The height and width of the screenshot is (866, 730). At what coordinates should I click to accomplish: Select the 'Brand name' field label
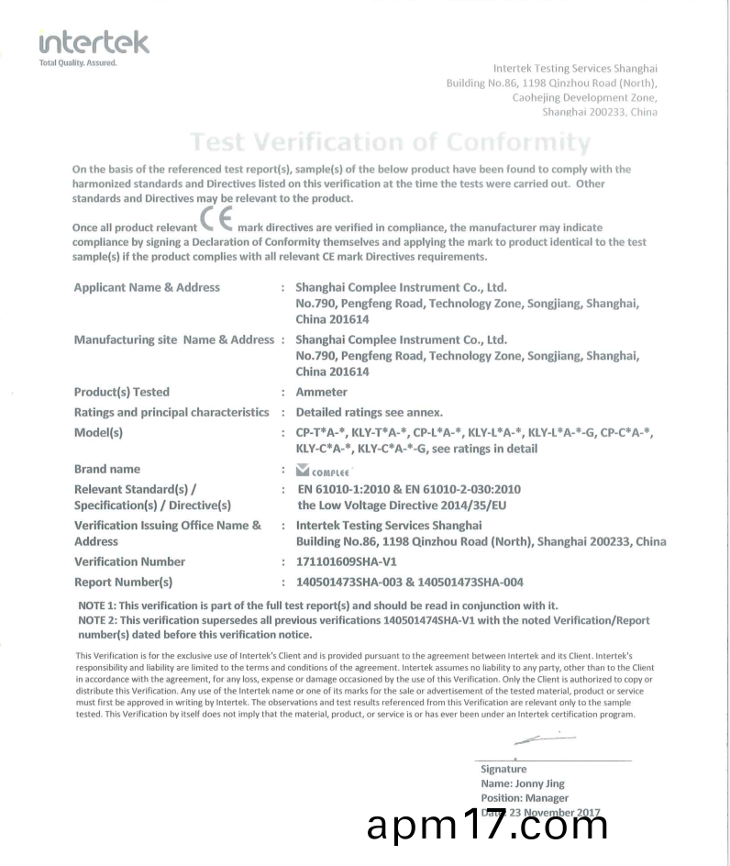pyautogui.click(x=107, y=469)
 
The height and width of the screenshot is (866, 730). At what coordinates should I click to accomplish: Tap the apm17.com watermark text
pyautogui.click(x=486, y=827)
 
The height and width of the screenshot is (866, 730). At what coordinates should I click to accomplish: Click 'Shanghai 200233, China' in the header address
pyautogui.click(x=600, y=112)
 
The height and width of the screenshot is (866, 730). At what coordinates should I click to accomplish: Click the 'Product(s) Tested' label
pyautogui.click(x=122, y=392)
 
